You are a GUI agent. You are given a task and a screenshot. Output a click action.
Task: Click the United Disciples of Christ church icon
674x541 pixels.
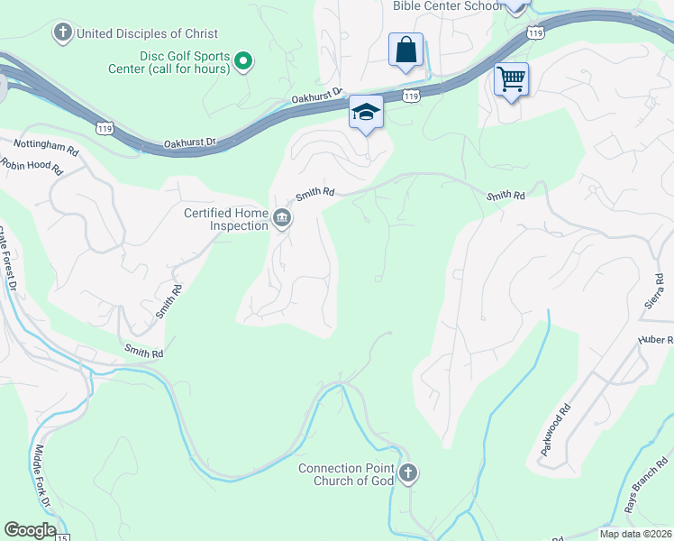pos(62,33)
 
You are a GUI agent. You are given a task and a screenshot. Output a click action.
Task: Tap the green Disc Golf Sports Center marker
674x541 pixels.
pos(242,61)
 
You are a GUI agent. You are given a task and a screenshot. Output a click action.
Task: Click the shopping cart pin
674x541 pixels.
pos(511,79)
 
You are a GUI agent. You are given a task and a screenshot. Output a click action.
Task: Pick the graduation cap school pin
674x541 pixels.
pos(366,113)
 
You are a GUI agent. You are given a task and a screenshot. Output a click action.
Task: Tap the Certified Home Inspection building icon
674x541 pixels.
pos(281,219)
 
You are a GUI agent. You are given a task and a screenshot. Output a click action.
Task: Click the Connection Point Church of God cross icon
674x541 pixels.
pos(407,472)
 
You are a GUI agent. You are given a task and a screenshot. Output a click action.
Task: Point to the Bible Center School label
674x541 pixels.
pos(447,6)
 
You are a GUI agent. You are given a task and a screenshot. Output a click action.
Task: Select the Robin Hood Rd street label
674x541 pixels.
pos(32,166)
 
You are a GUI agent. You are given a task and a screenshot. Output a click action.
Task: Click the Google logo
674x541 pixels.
pos(30,530)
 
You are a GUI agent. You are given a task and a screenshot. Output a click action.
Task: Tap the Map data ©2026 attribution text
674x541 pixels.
pos(634,534)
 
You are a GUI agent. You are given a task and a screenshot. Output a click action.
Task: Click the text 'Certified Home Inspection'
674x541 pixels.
pos(226,219)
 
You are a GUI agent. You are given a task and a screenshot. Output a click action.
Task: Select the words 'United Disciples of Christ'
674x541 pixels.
pos(148,33)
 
